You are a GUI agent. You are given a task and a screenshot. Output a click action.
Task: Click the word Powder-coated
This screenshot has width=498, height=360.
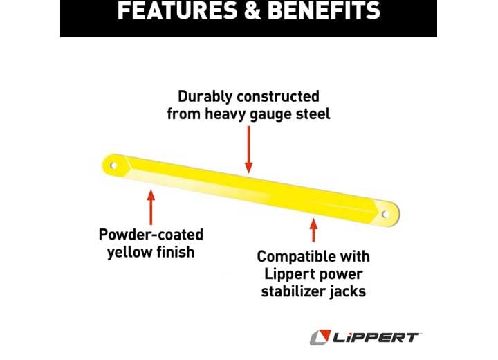pyautogui.click(x=151, y=234)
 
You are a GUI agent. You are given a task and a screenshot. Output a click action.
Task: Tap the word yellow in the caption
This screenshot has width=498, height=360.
pyautogui.click(x=129, y=252)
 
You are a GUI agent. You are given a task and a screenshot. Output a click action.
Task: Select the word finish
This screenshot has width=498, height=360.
pyautogui.click(x=174, y=251)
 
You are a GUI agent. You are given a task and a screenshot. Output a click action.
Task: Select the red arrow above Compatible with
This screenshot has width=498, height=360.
pyautogui.click(x=313, y=231)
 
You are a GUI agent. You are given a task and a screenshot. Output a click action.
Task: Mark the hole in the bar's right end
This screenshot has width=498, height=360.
pyautogui.click(x=386, y=214)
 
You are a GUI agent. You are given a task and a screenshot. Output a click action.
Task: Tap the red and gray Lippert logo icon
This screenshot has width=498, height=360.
pyautogui.click(x=320, y=337)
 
